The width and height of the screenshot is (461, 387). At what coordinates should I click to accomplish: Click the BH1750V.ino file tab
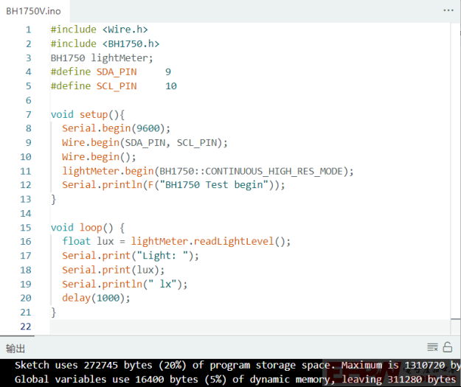33,11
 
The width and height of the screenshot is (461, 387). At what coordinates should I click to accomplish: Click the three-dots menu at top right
448,10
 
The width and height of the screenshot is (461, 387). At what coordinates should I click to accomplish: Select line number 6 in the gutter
28,100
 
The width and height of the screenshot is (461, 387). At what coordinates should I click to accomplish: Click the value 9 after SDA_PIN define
168,72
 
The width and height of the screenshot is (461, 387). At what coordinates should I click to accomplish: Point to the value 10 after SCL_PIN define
171,86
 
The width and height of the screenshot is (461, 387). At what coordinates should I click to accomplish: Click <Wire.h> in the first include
125,29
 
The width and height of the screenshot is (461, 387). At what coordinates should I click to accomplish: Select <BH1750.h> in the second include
131,43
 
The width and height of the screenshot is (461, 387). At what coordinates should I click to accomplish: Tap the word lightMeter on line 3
119,58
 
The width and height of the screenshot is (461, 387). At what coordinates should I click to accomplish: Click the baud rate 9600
148,128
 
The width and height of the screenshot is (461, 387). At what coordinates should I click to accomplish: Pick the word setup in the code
94,114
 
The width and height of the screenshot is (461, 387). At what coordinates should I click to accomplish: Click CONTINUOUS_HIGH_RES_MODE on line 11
274,171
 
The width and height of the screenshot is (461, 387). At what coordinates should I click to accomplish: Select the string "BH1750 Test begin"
214,185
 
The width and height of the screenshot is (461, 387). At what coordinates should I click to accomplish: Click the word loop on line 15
91,228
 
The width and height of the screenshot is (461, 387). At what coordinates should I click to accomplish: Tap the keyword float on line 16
77,241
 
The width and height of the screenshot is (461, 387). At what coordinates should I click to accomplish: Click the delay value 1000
108,298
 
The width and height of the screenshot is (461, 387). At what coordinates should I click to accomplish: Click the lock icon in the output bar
448,347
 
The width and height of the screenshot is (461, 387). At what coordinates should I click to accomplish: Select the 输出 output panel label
15,349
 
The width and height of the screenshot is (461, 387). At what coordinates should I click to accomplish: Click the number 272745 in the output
101,366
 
